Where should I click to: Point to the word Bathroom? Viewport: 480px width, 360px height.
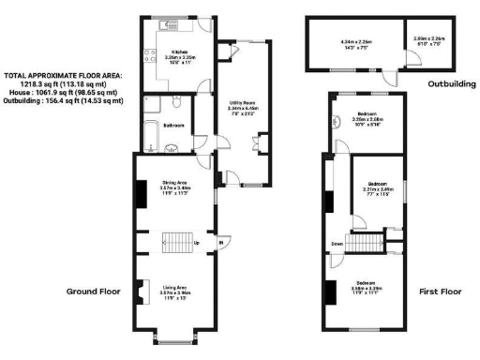(172, 126)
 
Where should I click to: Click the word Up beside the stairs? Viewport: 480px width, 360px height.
(195, 245)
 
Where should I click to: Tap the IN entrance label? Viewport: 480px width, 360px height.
(221, 245)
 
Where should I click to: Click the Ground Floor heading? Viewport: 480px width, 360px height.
(94, 292)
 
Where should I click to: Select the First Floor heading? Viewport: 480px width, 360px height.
(439, 292)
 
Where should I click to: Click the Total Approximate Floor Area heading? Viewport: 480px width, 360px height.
(62, 74)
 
